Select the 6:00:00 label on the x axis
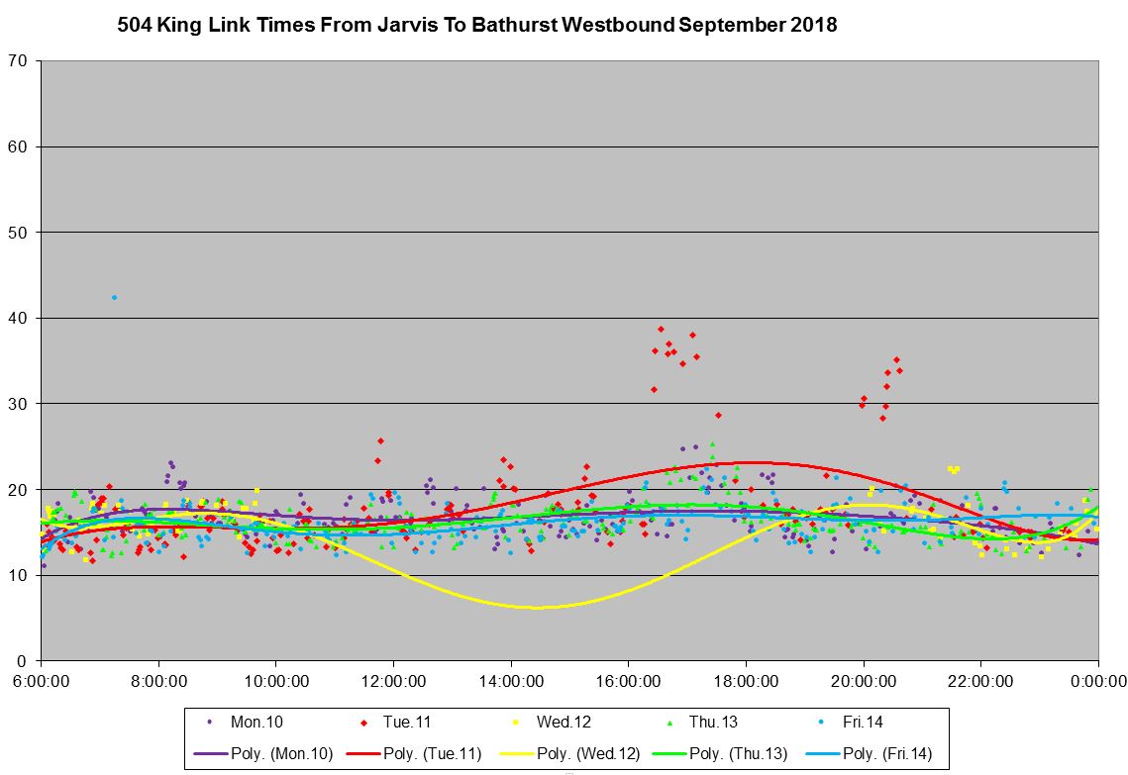click(41, 681)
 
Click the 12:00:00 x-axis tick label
click(393, 681)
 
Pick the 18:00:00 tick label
click(746, 681)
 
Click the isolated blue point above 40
click(114, 297)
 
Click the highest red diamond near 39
click(661, 329)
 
